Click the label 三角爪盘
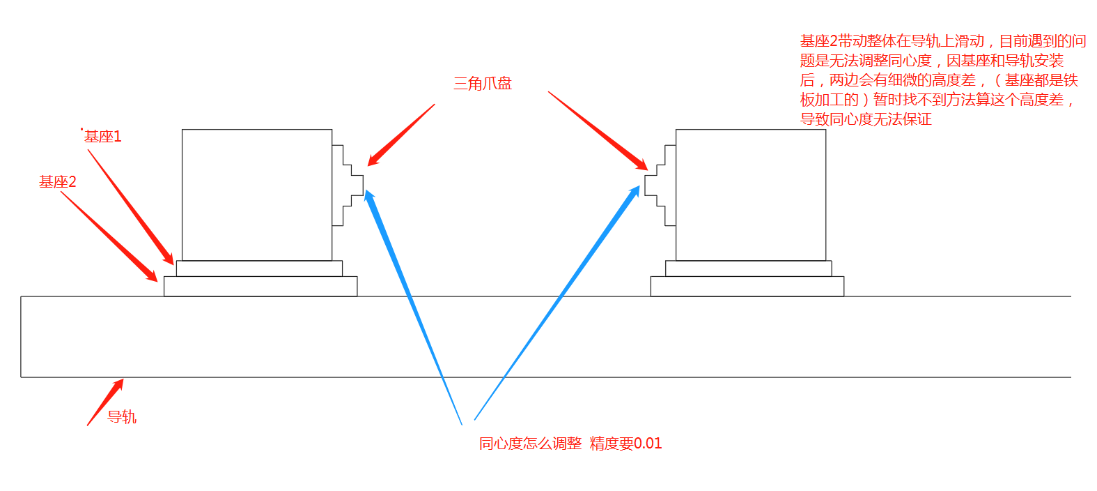[482, 84]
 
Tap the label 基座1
[102, 137]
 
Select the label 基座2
[57, 182]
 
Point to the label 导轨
[122, 417]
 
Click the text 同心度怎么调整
[530, 444]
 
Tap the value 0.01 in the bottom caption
[648, 444]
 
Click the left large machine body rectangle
[257, 195]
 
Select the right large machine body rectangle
[750, 195]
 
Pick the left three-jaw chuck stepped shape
[346, 186]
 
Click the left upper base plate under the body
[259, 269]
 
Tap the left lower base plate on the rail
[260, 287]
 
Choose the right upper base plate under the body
[748, 269]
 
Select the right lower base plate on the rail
[747, 287]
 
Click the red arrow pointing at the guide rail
[105, 402]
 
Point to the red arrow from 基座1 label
[131, 207]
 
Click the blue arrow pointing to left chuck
[411, 300]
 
